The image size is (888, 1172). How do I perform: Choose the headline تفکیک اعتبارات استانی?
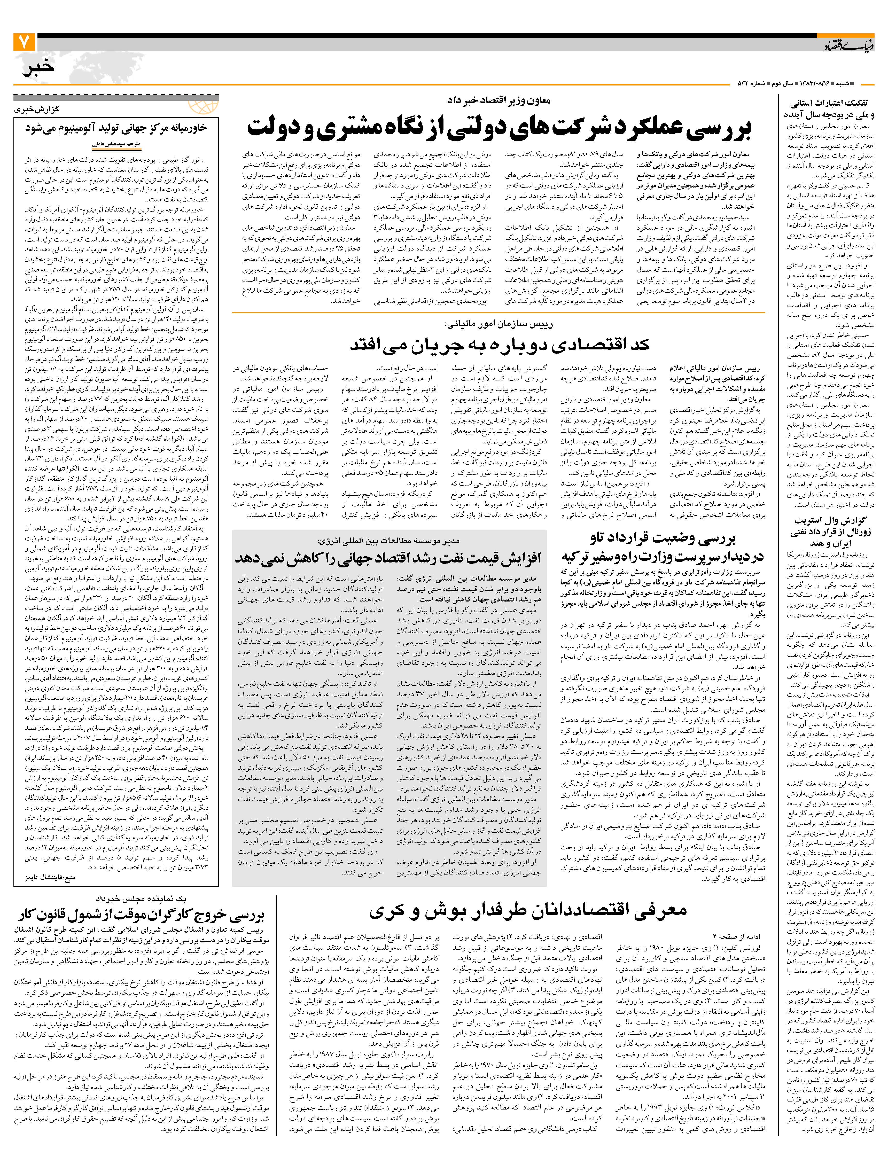[x=829, y=109]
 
